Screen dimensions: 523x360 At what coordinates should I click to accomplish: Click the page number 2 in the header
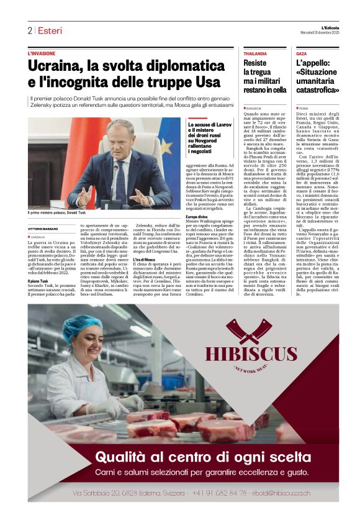(x=29, y=30)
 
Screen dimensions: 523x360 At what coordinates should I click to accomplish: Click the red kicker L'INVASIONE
(x=42, y=54)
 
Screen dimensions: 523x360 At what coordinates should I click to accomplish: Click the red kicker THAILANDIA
(x=255, y=54)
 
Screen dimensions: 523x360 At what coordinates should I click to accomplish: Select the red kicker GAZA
(x=302, y=54)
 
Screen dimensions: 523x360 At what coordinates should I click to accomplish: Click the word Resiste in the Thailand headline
(x=255, y=63)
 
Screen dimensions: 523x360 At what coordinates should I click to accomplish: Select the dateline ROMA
(x=304, y=108)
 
